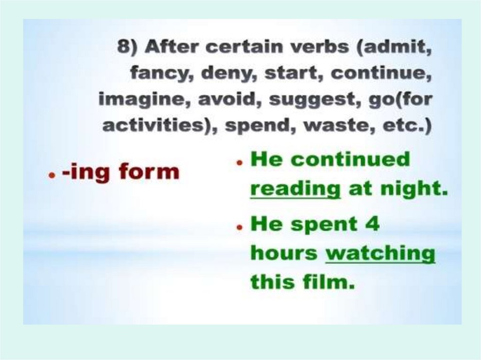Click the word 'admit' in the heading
point(399,47)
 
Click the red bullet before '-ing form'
point(49,174)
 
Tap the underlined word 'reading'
point(295,188)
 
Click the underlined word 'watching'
point(380,253)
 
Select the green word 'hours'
point(284,253)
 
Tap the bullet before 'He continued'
point(239,162)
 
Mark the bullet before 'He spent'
point(239,227)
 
